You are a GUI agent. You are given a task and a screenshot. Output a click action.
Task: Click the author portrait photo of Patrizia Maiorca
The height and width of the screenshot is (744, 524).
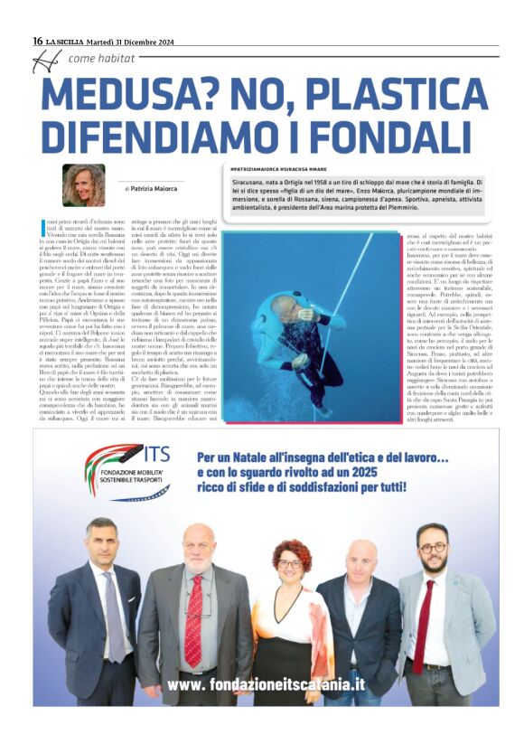point(84,185)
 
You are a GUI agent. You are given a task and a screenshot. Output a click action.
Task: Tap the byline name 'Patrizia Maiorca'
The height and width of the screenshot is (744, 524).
point(150,188)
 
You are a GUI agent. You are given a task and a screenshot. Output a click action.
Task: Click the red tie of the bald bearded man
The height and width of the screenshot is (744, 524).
point(194,607)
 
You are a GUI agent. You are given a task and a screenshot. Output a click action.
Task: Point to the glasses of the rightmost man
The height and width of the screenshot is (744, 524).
point(434,549)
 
